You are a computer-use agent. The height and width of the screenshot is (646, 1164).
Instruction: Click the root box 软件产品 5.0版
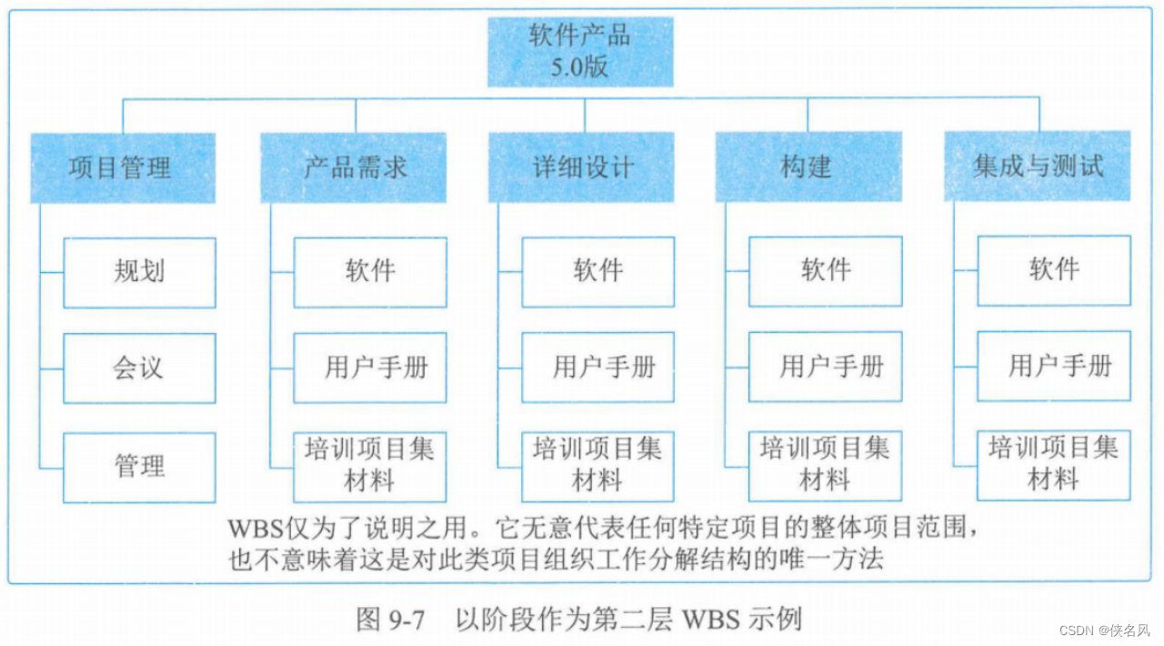(x=580, y=53)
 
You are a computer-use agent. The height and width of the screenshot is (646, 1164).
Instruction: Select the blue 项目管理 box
(x=123, y=167)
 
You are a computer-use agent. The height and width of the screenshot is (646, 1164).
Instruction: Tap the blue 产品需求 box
(x=355, y=167)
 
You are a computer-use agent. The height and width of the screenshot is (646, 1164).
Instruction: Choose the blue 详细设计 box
(x=582, y=167)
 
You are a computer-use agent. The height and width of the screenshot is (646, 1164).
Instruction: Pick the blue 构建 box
(x=808, y=167)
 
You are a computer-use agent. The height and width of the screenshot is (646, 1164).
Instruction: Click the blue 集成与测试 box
(x=1038, y=167)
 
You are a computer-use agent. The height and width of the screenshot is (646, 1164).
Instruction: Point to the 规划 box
(x=139, y=272)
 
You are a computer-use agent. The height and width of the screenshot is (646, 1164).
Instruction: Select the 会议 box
(x=139, y=368)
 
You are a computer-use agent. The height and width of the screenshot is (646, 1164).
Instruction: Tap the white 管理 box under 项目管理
(x=139, y=467)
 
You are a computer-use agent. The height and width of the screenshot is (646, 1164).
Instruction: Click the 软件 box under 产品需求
(x=370, y=271)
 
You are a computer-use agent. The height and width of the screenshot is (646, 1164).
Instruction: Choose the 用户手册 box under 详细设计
(x=598, y=368)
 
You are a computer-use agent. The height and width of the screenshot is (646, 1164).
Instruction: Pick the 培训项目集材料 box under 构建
(x=826, y=465)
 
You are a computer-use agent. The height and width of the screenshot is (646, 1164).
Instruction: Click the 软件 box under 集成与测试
(x=1054, y=270)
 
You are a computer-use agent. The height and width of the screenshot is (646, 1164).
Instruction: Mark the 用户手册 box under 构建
(x=826, y=367)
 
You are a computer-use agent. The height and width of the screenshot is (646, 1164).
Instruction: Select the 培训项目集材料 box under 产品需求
(x=370, y=466)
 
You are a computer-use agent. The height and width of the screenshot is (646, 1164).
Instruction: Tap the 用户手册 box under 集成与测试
(x=1054, y=367)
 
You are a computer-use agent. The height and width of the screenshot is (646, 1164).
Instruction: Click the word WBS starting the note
(x=253, y=527)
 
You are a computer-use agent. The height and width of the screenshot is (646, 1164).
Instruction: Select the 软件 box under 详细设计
(x=598, y=271)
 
